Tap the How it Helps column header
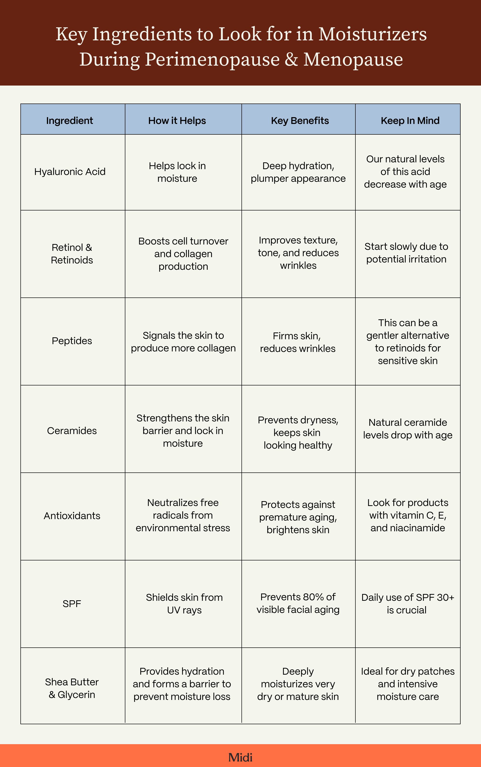(x=177, y=121)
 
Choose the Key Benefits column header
(x=300, y=121)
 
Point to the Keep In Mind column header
(x=410, y=121)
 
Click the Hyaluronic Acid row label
(x=70, y=172)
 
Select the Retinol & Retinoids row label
(x=72, y=254)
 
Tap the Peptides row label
(x=72, y=341)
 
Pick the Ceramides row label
(x=72, y=431)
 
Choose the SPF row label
(x=72, y=604)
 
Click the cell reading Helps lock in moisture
(x=177, y=172)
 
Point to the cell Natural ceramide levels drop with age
(x=408, y=429)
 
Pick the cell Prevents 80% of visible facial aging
(x=298, y=603)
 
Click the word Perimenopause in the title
(x=212, y=60)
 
